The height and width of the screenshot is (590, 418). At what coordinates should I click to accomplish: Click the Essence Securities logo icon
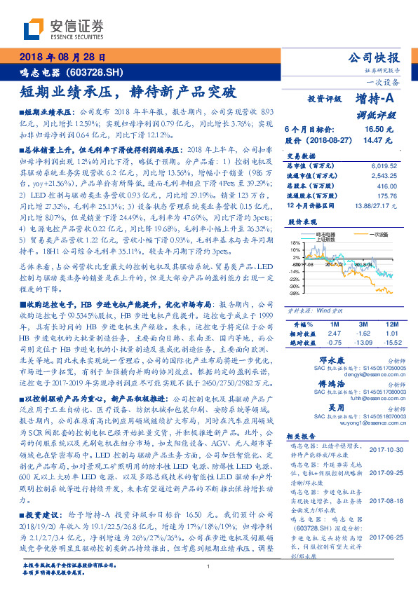click(x=33, y=29)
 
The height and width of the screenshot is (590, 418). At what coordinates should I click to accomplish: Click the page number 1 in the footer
click(x=208, y=567)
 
